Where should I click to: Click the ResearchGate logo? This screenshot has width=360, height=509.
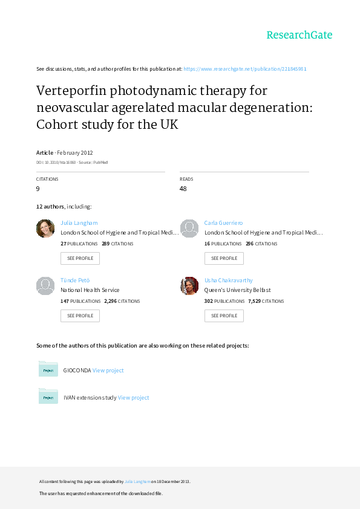pos(299,35)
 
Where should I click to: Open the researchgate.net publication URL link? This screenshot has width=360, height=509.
pos(245,69)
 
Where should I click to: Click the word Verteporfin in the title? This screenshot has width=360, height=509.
pos(71,91)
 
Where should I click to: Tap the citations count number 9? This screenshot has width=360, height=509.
pos(38,189)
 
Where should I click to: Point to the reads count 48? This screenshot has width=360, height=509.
pos(183,189)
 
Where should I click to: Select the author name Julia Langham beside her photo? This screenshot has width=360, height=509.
pos(79,223)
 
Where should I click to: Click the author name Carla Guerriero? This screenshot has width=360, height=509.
pos(223,223)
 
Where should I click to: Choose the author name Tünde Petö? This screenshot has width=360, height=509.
pos(75,280)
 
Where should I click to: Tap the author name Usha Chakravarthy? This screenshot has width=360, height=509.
pos(229,280)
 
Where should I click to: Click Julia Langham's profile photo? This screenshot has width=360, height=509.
pos(45,229)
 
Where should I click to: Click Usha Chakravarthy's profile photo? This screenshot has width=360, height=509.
pos(189,286)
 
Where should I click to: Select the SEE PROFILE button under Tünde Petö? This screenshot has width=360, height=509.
pos(80,316)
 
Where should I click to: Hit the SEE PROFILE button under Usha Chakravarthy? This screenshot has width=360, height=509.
pos(224,316)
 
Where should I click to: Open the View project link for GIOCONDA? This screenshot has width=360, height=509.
pos(108,371)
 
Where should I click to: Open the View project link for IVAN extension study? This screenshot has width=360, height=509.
pos(133,398)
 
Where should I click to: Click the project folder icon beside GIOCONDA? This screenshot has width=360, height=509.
pos(48,369)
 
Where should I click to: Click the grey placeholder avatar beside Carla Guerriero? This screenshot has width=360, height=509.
pos(189,229)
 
